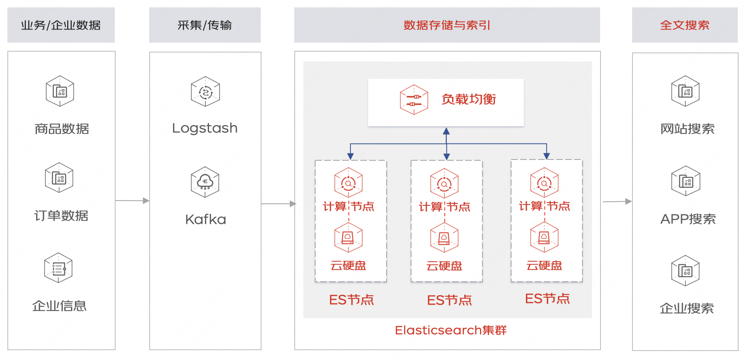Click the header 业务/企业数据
pyautogui.click(x=61, y=25)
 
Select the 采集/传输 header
pyautogui.click(x=205, y=25)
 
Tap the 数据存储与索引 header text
pyautogui.click(x=447, y=25)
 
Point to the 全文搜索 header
pyautogui.click(x=685, y=25)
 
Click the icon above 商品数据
pyautogui.click(x=60, y=91)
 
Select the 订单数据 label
pyautogui.click(x=61, y=216)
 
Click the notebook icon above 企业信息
pyautogui.click(x=58, y=268)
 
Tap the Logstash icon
pyautogui.click(x=205, y=91)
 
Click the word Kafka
pyautogui.click(x=205, y=219)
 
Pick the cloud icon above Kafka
pyautogui.click(x=205, y=182)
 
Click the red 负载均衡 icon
pyautogui.click(x=414, y=100)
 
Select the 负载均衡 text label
pyautogui.click(x=469, y=99)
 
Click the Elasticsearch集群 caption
pyautogui.click(x=450, y=330)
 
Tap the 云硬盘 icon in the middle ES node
pyautogui.click(x=444, y=237)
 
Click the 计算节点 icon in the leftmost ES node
pyautogui.click(x=348, y=183)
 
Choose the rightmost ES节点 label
pyautogui.click(x=548, y=298)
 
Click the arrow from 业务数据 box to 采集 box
pyautogui.click(x=132, y=201)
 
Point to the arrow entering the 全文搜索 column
pyautogui.click(x=617, y=201)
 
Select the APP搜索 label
pyautogui.click(x=688, y=219)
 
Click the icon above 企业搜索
pyautogui.click(x=685, y=271)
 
